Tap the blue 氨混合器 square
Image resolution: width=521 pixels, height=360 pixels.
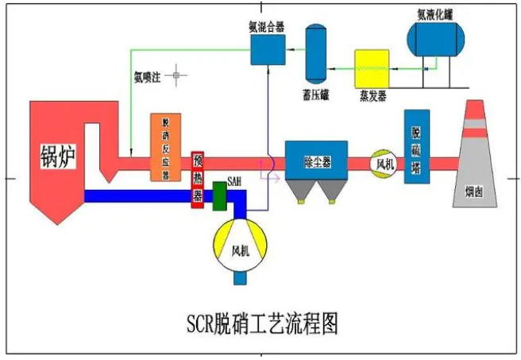(x=268, y=48)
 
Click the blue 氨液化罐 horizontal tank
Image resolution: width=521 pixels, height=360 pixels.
(x=438, y=38)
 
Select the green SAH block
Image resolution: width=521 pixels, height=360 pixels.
(x=220, y=195)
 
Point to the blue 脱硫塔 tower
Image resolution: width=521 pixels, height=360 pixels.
(x=416, y=147)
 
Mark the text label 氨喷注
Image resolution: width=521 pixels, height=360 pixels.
(x=149, y=76)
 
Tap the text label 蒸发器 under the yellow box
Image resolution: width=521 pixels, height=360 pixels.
(x=371, y=95)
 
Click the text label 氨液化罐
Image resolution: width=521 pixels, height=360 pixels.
(x=435, y=12)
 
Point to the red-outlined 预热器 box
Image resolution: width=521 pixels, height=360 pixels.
(x=198, y=178)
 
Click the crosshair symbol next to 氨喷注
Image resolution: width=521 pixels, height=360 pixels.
(x=179, y=76)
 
